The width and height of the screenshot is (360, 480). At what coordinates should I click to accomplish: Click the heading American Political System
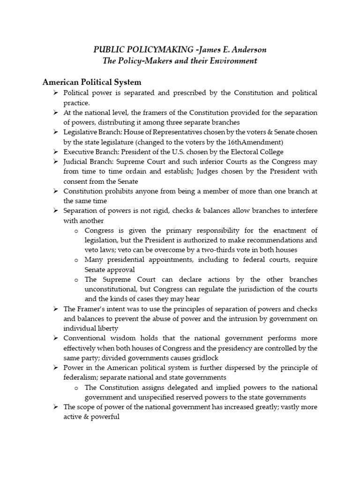point(92,82)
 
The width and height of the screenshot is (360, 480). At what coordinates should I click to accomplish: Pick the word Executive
point(79,152)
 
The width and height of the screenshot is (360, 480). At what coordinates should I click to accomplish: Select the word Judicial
point(76,162)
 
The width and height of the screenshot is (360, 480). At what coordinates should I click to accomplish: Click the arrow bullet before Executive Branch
point(55,152)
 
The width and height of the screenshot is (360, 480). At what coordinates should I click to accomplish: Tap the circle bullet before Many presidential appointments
point(76,259)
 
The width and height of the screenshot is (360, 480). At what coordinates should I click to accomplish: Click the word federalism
point(81,377)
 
